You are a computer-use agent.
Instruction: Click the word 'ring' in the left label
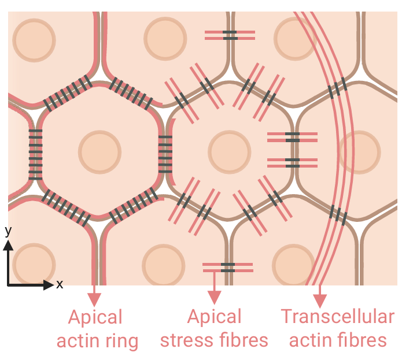pos(120,341)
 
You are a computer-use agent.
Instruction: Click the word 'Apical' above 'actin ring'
pos(95,317)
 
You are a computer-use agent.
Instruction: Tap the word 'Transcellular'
pos(338,317)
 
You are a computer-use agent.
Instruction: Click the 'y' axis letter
pos(8,231)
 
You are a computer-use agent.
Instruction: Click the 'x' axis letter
pos(59,284)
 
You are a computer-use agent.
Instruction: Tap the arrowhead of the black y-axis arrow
pos(8,244)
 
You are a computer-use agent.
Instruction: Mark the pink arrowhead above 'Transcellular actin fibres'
pos(319,300)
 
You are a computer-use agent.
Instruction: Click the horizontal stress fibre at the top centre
pos(230,35)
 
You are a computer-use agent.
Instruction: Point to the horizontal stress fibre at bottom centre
pos(228,268)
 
